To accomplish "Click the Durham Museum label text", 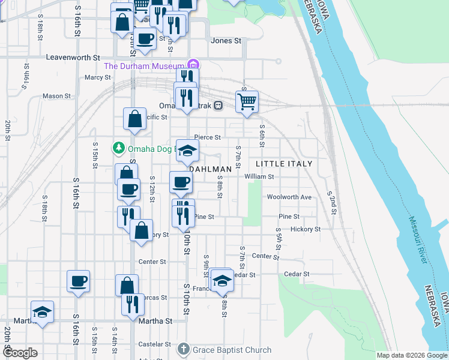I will click(x=144, y=65).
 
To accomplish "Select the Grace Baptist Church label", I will click(x=232, y=350).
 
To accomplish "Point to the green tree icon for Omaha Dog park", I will click(x=118, y=148).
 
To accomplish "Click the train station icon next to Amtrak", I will click(x=218, y=105).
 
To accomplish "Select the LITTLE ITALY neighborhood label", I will click(x=284, y=164).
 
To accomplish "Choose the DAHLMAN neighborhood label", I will click(x=211, y=170).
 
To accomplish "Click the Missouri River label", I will click(x=416, y=239).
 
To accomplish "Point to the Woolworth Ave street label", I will click(x=289, y=197).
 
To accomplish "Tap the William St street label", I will click(x=259, y=177).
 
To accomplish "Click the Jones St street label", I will click(x=226, y=41).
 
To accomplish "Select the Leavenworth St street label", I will click(x=73, y=58).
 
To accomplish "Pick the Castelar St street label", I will click(x=155, y=344).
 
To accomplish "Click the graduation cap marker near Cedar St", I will click(x=221, y=280).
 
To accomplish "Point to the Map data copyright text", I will click(x=411, y=355).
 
